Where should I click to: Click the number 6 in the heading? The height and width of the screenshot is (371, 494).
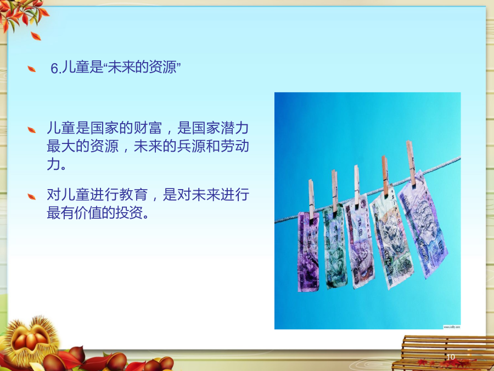point(54,69)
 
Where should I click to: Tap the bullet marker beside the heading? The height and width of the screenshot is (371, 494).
point(31,69)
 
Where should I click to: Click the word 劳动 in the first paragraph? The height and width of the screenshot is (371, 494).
point(235,146)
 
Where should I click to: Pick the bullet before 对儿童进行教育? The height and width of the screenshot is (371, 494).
point(31,197)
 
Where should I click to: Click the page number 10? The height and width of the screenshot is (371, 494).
point(451,357)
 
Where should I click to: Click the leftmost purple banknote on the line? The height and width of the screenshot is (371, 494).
point(308,251)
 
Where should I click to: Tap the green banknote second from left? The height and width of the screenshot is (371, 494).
point(335,246)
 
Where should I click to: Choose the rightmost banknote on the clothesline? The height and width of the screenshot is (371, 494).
point(423,224)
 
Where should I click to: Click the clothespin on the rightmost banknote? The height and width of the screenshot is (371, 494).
point(411,163)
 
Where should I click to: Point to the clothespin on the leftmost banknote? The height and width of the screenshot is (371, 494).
point(311,200)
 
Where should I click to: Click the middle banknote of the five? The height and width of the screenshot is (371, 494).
point(360,241)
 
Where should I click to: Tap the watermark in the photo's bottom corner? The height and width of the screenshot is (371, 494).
point(452,327)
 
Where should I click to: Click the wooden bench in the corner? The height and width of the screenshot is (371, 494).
point(444,353)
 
